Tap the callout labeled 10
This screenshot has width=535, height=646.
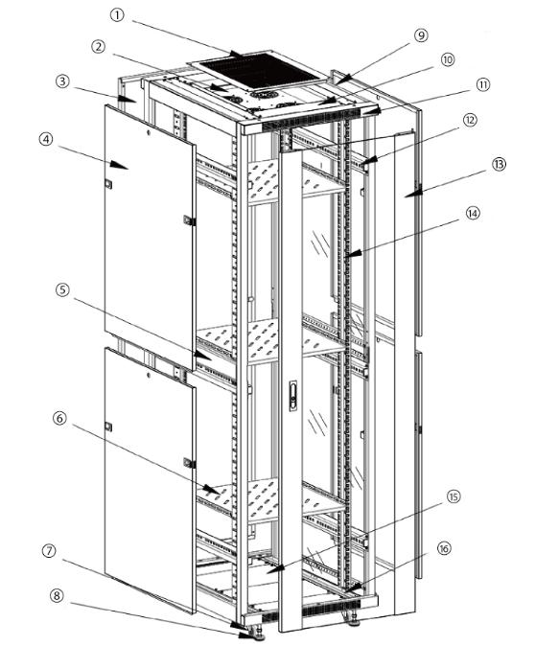(x=447, y=58)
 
